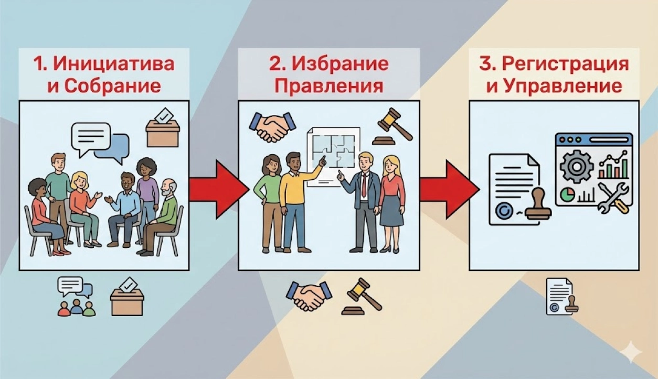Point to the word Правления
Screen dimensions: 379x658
click(x=329, y=85)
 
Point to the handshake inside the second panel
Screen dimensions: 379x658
click(x=272, y=126)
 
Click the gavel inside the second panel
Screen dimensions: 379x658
click(x=392, y=126)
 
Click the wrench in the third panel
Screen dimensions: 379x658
click(x=613, y=198)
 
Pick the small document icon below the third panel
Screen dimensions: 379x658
click(x=560, y=296)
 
